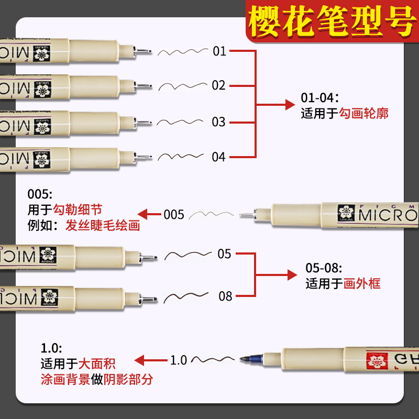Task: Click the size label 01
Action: point(219,51)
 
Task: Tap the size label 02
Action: point(219,85)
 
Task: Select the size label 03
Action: point(218,122)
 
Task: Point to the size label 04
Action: point(218,157)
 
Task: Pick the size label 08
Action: point(225,296)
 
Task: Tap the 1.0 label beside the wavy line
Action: point(179,360)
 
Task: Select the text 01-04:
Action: point(320,97)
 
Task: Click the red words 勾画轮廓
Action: point(364,113)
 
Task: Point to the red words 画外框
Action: point(362,284)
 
